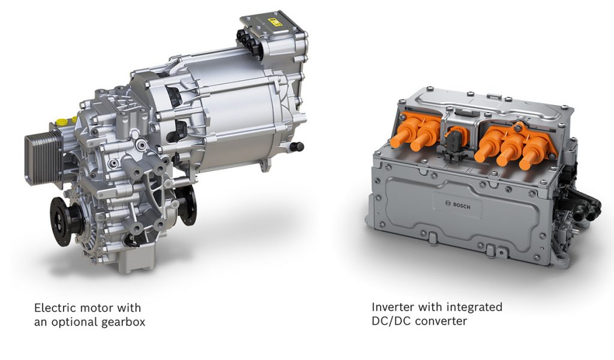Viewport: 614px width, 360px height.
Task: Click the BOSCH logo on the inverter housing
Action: (458, 205)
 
